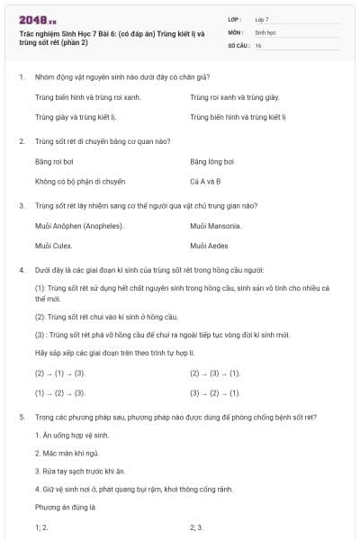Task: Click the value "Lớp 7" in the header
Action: (262, 19)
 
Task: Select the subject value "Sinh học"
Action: (265, 31)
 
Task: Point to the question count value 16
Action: (258, 45)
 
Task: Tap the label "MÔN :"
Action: (236, 31)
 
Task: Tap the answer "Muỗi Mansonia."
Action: (216, 225)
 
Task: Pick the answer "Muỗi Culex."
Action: (54, 245)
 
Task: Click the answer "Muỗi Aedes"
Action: (211, 245)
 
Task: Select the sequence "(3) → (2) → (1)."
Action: (215, 392)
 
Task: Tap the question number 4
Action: (21, 269)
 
